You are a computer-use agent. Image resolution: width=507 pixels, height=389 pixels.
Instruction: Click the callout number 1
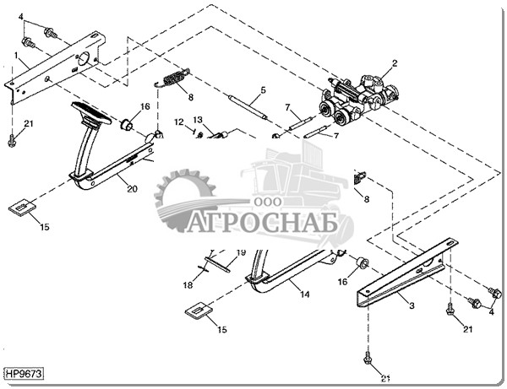click(16, 56)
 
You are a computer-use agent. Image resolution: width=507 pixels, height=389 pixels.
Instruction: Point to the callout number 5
click(263, 90)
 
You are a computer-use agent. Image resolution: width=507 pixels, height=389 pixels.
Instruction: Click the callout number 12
click(179, 122)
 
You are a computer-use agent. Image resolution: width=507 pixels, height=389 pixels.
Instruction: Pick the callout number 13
click(198, 120)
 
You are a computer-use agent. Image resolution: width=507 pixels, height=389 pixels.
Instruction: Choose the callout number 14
click(304, 294)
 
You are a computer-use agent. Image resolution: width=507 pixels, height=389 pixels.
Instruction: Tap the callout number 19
click(240, 253)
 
